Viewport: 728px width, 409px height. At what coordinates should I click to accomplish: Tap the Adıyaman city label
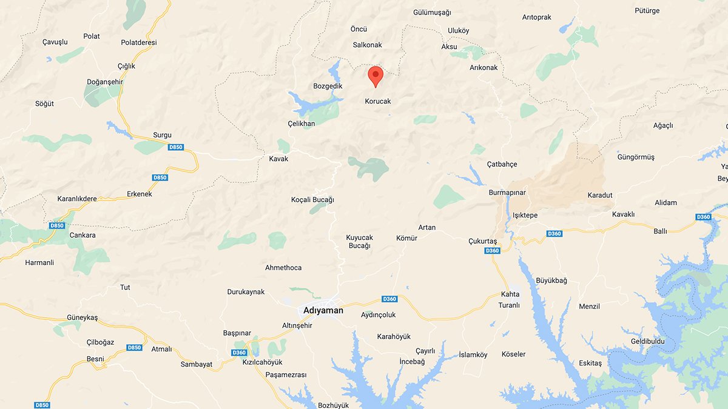click(323, 310)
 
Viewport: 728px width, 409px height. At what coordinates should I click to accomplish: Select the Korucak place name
click(378, 101)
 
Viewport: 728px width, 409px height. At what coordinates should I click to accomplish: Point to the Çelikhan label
click(301, 124)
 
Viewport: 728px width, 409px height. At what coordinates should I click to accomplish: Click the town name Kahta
click(510, 294)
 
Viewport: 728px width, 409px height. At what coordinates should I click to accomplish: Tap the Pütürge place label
click(647, 11)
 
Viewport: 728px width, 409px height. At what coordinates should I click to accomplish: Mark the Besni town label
click(95, 359)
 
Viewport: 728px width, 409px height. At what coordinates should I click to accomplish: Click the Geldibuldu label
click(647, 341)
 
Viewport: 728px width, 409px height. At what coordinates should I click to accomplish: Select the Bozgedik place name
click(328, 86)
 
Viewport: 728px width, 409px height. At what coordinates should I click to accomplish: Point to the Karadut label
click(600, 195)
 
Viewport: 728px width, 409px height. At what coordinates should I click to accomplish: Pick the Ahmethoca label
click(283, 268)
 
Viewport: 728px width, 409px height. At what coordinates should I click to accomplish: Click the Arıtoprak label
click(536, 18)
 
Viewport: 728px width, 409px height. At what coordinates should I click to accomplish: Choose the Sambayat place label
click(197, 364)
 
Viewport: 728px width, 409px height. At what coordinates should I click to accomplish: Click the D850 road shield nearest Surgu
click(175, 147)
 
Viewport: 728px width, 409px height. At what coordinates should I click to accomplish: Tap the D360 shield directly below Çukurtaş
click(492, 251)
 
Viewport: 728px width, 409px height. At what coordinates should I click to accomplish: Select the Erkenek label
click(140, 195)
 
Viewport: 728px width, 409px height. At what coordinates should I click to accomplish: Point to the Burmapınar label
click(507, 193)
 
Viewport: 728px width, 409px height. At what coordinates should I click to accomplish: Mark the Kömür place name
click(406, 238)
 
